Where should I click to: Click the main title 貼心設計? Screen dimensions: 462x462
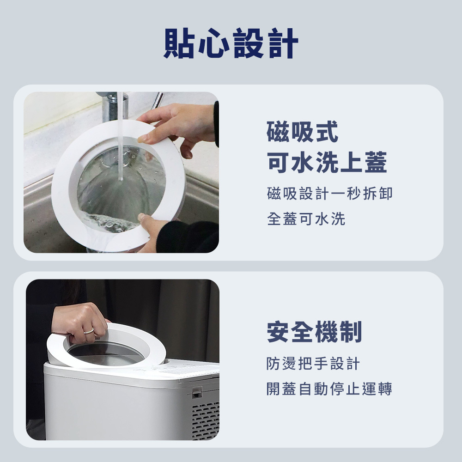pyautogui.click(x=231, y=43)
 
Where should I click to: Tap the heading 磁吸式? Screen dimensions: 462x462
pyautogui.click(x=302, y=132)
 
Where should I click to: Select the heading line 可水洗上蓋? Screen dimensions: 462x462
pyautogui.click(x=327, y=162)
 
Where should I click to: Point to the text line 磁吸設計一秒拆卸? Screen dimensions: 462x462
pyautogui.click(x=330, y=194)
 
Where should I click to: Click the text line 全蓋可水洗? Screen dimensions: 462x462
pyautogui.click(x=306, y=219)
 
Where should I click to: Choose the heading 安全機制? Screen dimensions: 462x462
pyautogui.click(x=314, y=332)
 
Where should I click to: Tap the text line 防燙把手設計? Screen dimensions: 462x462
pyautogui.click(x=313, y=363)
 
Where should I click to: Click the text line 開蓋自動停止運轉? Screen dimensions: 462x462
pyautogui.click(x=329, y=389)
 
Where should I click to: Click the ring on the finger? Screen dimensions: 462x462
pyautogui.click(x=88, y=331)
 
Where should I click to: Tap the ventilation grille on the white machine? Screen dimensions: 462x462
pyautogui.click(x=205, y=420)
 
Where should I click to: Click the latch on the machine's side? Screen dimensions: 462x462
pyautogui.click(x=196, y=392)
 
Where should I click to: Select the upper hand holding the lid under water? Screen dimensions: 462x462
pyautogui.click(x=180, y=127)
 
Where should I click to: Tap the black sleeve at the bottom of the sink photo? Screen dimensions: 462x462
pyautogui.click(x=188, y=237)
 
